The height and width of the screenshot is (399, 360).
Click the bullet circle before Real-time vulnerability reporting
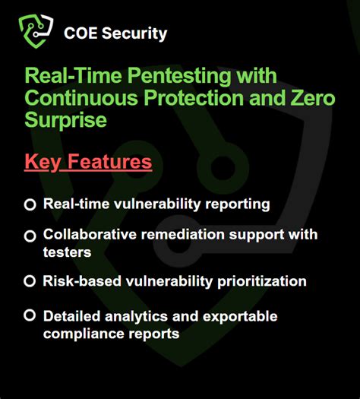[x=30, y=204]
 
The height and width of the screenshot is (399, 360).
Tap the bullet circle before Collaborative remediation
[x=30, y=236]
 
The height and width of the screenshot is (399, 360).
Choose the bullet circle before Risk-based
[x=30, y=281]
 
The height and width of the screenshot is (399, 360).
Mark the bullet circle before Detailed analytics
[x=30, y=315]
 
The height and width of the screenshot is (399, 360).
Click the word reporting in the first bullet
[x=238, y=204]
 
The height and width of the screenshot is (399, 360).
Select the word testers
[x=68, y=251]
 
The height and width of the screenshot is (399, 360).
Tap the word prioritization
[x=261, y=281]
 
